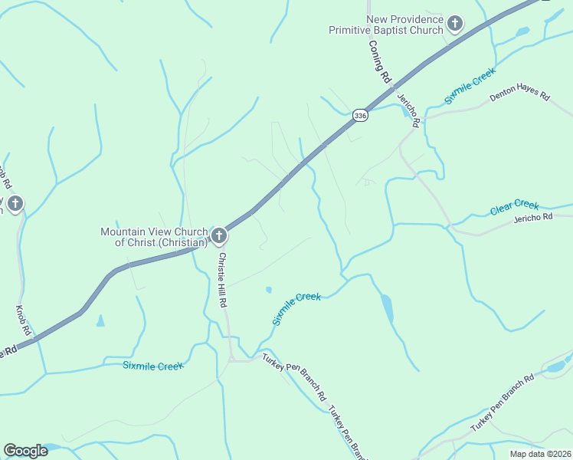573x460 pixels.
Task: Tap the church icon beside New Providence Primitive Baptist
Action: pyautogui.click(x=455, y=24)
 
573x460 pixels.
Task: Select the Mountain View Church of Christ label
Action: pyautogui.click(x=154, y=237)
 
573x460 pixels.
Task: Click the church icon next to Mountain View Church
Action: pyautogui.click(x=219, y=235)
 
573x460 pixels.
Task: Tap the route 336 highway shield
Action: pyautogui.click(x=360, y=115)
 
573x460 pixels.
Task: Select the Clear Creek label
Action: pyautogui.click(x=514, y=208)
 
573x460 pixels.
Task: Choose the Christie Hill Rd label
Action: pyautogui.click(x=222, y=280)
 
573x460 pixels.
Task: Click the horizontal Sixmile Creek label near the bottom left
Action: pyautogui.click(x=153, y=366)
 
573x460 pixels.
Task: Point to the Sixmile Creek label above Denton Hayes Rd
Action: pyautogui.click(x=470, y=86)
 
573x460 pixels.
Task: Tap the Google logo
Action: pyautogui.click(x=26, y=451)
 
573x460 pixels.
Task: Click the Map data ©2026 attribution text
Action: pyautogui.click(x=540, y=454)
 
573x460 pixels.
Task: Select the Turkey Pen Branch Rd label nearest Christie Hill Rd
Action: pyautogui.click(x=294, y=377)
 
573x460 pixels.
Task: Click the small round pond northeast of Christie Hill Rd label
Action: pyautogui.click(x=268, y=290)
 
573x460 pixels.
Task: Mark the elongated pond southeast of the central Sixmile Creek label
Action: pyautogui.click(x=387, y=308)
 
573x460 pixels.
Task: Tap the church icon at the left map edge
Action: pyautogui.click(x=15, y=203)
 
